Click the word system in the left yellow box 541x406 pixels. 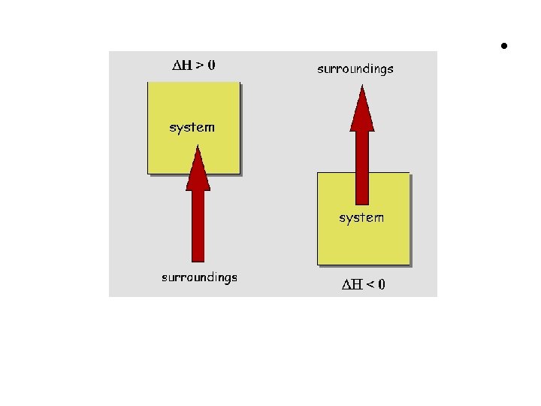192,127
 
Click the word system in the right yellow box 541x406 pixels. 361,217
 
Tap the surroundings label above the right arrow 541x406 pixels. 355,69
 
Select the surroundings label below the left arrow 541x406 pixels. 199,277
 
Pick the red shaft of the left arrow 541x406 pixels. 198,226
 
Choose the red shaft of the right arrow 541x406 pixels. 361,165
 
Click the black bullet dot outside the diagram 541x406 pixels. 505,46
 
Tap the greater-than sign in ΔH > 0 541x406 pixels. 200,65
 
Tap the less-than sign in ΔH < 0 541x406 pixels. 370,286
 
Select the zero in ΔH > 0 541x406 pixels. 211,65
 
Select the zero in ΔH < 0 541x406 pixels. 382,286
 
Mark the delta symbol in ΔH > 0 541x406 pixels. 177,65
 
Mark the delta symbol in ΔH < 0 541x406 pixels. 347,286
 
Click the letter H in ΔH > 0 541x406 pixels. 188,65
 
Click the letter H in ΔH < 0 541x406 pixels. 358,286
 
